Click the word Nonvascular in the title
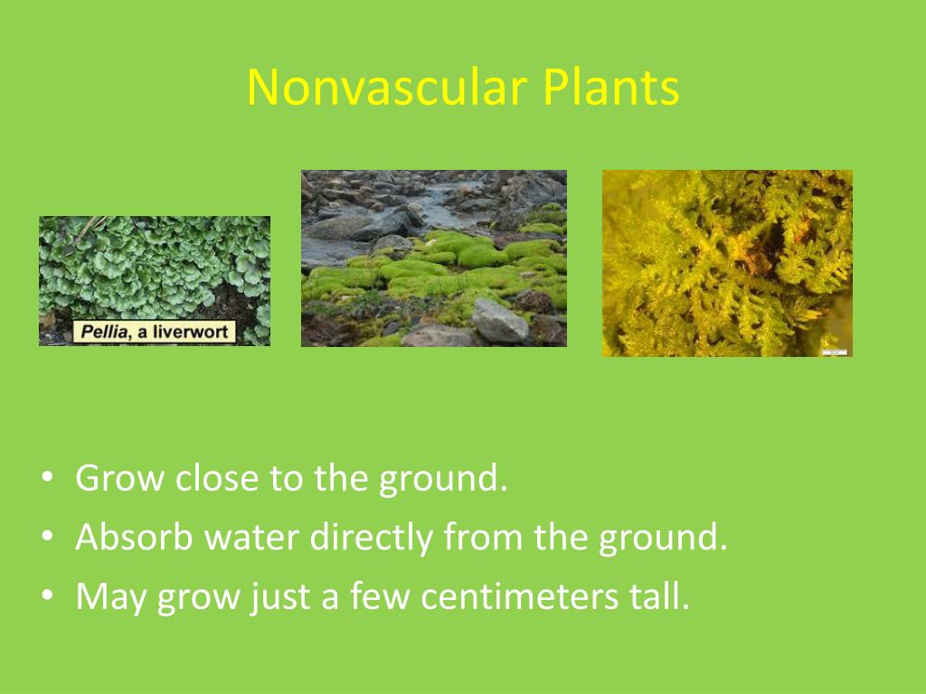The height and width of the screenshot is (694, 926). [x=387, y=88]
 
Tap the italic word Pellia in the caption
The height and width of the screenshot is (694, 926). [x=104, y=332]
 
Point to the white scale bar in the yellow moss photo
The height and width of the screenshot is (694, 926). [x=835, y=353]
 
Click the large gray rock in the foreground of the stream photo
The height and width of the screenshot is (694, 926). [x=499, y=321]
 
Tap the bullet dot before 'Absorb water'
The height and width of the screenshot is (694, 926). [x=48, y=535]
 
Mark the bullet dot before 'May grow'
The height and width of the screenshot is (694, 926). [x=48, y=595]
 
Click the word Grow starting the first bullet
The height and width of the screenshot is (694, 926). [x=120, y=478]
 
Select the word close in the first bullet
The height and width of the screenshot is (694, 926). [x=217, y=477]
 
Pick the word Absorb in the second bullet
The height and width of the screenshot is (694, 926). [x=134, y=537]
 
